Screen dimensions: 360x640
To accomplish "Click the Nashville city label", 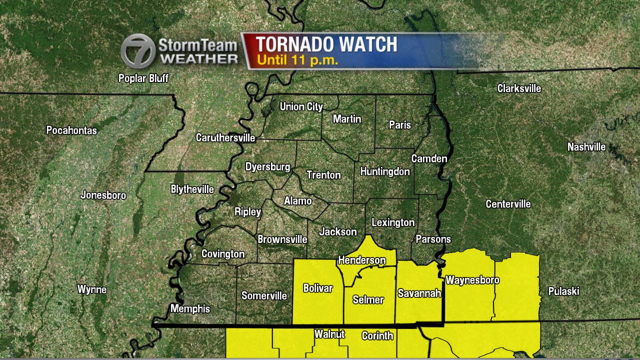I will click(586, 147).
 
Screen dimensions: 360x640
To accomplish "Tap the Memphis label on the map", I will click(190, 308).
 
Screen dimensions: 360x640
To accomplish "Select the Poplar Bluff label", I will click(143, 78).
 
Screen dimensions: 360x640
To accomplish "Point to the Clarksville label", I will click(519, 88).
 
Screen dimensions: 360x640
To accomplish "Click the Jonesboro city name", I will click(103, 195).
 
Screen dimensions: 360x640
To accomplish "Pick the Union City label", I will click(301, 106).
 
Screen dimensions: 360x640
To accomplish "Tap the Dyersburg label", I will click(267, 167).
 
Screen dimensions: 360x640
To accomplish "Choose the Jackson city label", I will click(338, 231).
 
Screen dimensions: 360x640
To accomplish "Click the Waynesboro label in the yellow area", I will click(472, 280).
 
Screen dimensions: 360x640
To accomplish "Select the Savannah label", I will click(419, 293).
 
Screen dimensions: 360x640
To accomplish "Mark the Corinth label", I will click(377, 335).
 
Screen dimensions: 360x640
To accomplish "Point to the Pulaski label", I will click(563, 291).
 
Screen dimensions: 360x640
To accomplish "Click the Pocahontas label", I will click(71, 130).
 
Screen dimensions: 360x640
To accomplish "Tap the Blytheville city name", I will click(192, 189).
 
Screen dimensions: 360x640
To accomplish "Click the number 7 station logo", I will click(137, 50).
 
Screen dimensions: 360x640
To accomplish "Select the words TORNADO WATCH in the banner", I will click(327, 44).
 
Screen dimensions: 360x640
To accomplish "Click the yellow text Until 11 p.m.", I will click(297, 60).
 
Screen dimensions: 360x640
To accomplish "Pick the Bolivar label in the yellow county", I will click(318, 288).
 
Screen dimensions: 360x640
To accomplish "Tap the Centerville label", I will click(508, 204).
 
